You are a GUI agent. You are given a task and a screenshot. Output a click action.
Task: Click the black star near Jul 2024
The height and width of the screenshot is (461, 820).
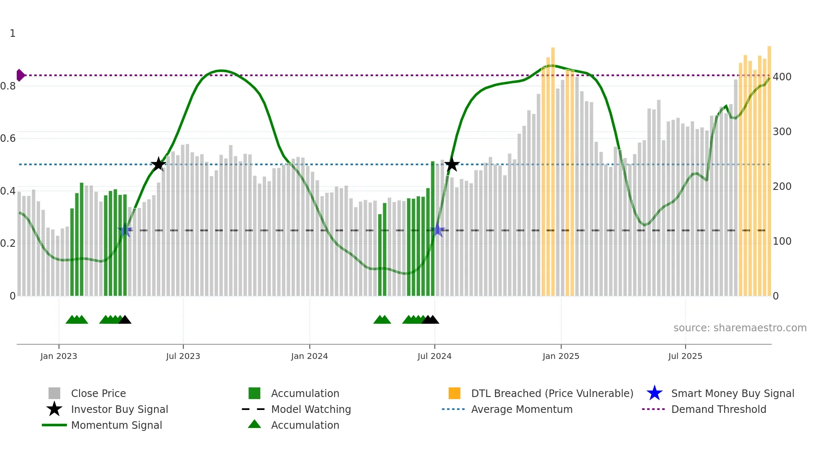452,164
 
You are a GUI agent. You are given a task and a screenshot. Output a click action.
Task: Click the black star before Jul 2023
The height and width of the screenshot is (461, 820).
158,164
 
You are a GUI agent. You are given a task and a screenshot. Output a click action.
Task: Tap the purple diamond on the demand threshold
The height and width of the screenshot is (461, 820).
20,75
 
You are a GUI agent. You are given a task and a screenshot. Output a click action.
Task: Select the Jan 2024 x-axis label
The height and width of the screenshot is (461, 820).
309,356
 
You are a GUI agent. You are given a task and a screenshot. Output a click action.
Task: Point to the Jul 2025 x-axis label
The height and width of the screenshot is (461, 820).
685,356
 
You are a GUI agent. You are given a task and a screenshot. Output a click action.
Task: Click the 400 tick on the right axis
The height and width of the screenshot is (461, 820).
782,77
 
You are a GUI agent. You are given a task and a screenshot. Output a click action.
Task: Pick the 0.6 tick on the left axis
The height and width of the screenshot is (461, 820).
8,138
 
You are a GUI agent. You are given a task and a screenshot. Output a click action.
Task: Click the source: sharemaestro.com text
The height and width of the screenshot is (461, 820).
740,328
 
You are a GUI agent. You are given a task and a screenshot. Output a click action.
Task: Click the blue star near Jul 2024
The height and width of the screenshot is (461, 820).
438,230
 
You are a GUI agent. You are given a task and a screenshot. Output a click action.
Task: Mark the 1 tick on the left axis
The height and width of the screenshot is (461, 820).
13,33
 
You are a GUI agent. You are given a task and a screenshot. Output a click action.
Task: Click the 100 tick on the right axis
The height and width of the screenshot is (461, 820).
782,241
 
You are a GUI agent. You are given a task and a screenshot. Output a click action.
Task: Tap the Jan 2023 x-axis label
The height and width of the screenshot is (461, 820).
59,356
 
